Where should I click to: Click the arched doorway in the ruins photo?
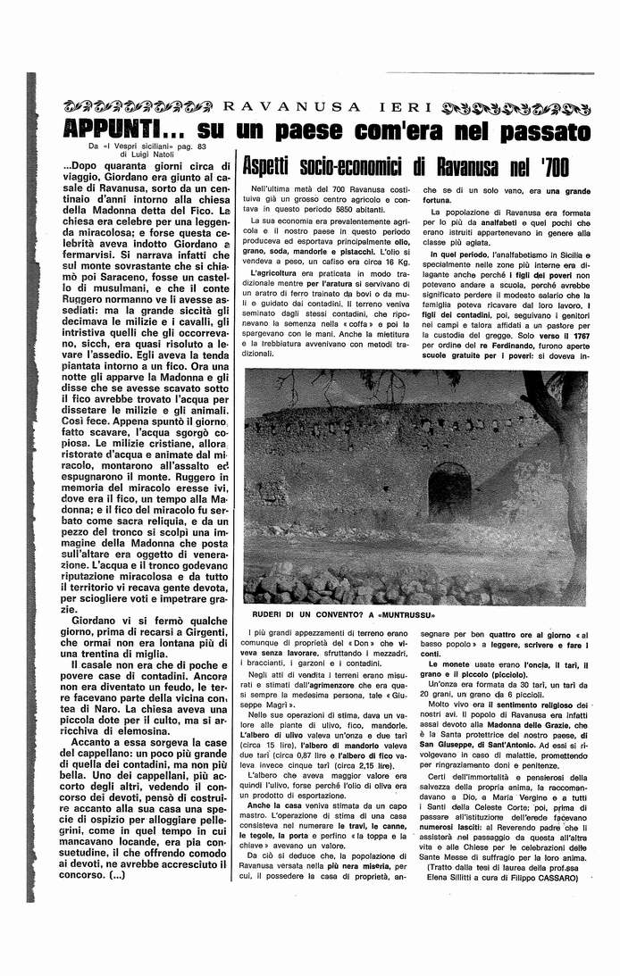point(448,489)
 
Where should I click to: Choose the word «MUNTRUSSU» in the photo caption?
point(402,616)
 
